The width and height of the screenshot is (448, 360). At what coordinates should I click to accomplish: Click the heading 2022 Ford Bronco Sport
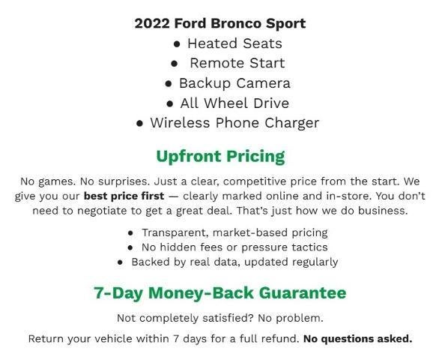tap(220, 23)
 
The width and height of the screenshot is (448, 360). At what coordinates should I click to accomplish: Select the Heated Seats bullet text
tap(234, 43)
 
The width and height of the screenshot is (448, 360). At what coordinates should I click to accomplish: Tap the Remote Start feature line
tap(237, 63)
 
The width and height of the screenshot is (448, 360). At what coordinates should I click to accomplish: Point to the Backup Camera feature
tap(234, 83)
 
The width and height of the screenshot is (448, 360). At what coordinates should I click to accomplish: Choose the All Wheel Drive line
tap(234, 103)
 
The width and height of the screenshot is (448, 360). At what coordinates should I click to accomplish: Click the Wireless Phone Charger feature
tap(234, 123)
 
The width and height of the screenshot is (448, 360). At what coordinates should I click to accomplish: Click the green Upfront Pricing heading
tap(220, 157)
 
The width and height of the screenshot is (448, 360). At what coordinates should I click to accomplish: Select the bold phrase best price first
tap(124, 196)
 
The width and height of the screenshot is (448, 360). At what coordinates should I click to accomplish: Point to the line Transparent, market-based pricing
tap(234, 232)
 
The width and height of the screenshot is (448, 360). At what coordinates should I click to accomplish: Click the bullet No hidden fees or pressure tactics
tap(234, 247)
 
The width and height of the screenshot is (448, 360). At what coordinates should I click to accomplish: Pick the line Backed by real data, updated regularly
tap(234, 262)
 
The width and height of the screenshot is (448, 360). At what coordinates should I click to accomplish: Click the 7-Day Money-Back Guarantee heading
tap(220, 292)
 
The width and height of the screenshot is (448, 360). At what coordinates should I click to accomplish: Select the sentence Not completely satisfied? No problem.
tap(220, 317)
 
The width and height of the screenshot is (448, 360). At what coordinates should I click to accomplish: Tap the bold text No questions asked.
tap(357, 338)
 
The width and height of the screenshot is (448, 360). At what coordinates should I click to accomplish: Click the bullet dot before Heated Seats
tap(177, 44)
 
